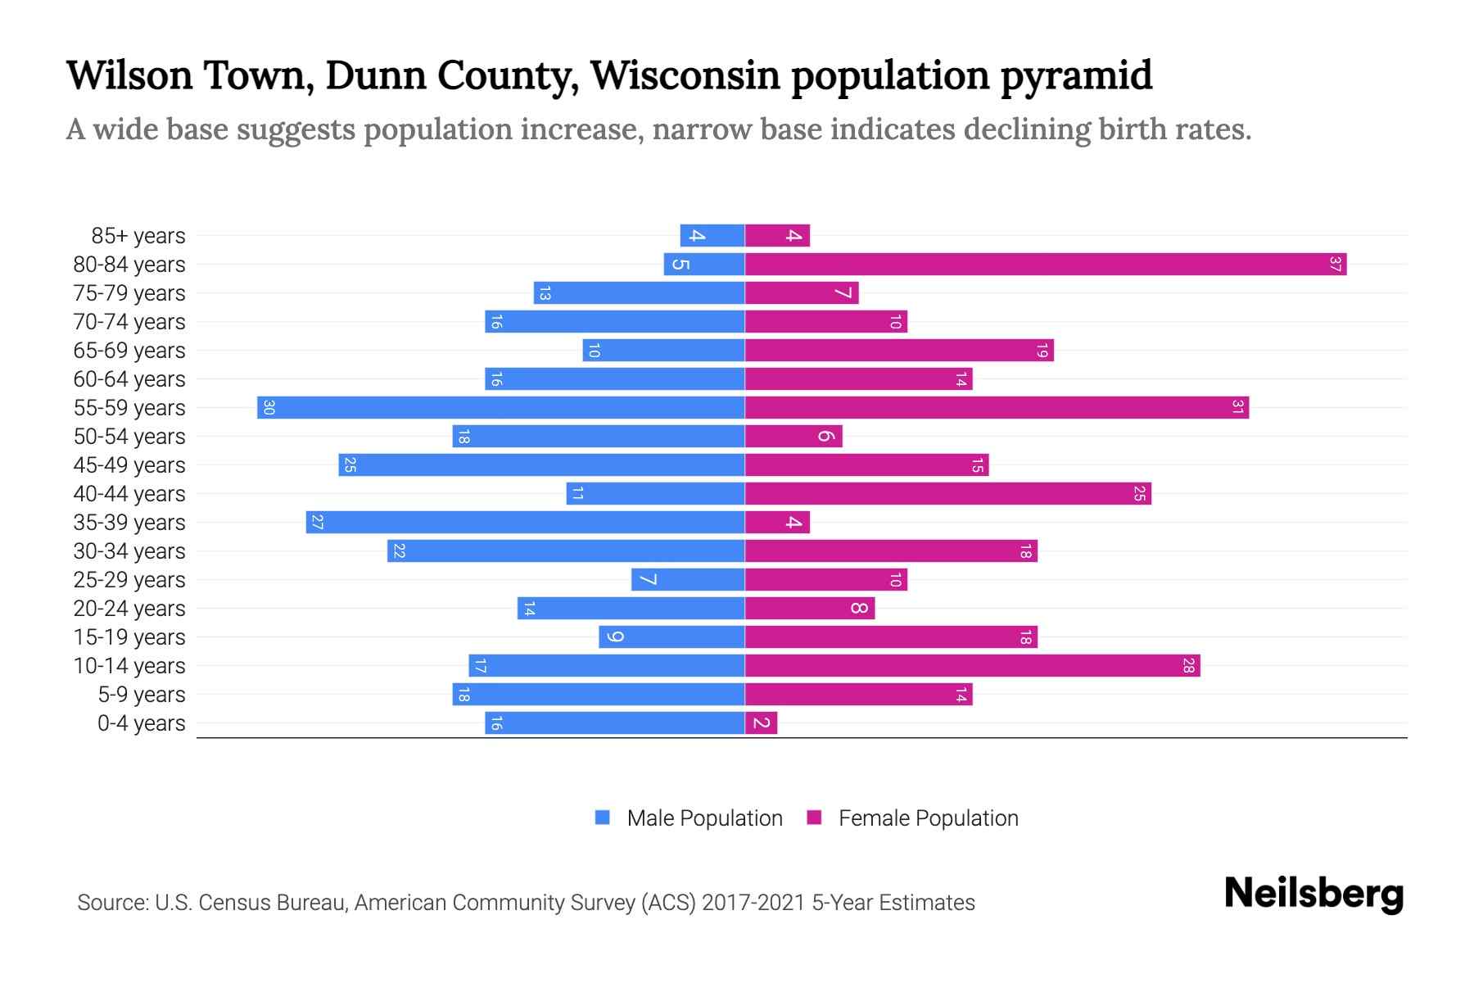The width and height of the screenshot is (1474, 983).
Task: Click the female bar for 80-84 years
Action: click(x=1046, y=265)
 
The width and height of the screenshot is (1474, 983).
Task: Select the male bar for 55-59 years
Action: click(x=501, y=408)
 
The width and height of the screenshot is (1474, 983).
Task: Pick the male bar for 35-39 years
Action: click(x=526, y=523)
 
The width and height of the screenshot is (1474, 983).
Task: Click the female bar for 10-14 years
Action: click(x=973, y=666)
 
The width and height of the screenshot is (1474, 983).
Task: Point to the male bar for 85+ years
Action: click(x=712, y=236)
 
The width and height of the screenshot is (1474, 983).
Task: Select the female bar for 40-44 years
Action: click(x=948, y=494)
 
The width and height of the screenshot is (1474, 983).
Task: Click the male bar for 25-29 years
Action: click(x=688, y=580)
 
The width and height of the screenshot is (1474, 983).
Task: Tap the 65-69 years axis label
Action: click(x=129, y=351)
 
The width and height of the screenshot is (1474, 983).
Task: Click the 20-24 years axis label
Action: click(x=129, y=609)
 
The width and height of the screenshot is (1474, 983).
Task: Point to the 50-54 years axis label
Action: click(x=129, y=437)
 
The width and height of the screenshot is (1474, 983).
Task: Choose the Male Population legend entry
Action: click(x=704, y=818)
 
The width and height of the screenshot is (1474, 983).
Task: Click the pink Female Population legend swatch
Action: click(x=814, y=818)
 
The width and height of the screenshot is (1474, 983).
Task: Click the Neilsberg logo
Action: click(x=1313, y=894)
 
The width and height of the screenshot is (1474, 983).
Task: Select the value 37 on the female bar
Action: click(x=1335, y=265)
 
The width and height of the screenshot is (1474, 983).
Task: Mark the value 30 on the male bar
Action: click(x=269, y=408)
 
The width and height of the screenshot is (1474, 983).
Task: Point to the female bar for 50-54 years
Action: click(x=794, y=437)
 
